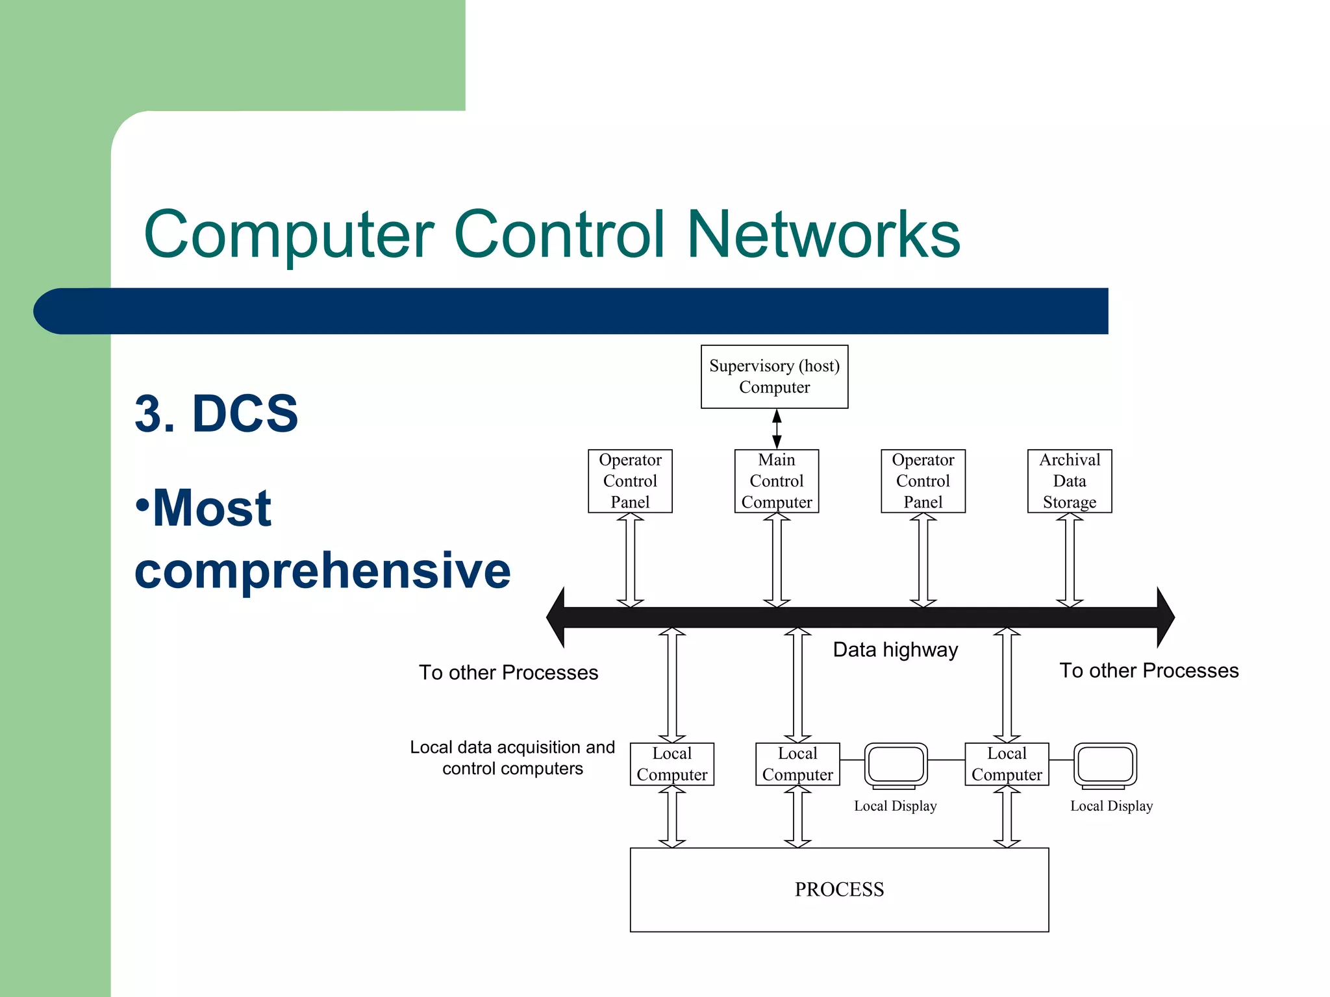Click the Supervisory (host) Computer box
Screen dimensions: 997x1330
pyautogui.click(x=774, y=376)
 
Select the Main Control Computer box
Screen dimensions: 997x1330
pyautogui.click(x=776, y=481)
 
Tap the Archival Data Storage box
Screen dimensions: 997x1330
pyautogui.click(x=1069, y=481)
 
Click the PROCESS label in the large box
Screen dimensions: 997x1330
pyautogui.click(x=839, y=889)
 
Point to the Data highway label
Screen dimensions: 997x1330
pyautogui.click(x=895, y=650)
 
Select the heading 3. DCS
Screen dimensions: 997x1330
pyautogui.click(x=216, y=413)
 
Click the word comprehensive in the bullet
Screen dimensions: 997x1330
pyautogui.click(x=323, y=570)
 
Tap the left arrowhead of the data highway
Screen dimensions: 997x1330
pyautogui.click(x=556, y=617)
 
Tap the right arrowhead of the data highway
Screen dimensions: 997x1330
pyautogui.click(x=1165, y=617)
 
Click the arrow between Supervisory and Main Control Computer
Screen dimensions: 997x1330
pyautogui.click(x=777, y=429)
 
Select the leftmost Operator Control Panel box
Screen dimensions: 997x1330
pyautogui.click(x=630, y=481)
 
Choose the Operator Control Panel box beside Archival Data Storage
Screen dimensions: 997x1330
pyautogui.click(x=923, y=481)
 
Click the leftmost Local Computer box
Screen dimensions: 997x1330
pyautogui.click(x=671, y=764)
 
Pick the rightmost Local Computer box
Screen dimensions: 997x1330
pyautogui.click(x=1007, y=764)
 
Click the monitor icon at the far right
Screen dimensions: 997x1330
pyautogui.click(x=1105, y=765)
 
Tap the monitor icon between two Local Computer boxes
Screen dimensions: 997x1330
pyautogui.click(x=896, y=765)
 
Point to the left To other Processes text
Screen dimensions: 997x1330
pyautogui.click(x=508, y=672)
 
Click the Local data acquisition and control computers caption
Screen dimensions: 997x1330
pyautogui.click(x=512, y=757)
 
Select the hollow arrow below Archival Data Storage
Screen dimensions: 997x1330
pyautogui.click(x=1070, y=560)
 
